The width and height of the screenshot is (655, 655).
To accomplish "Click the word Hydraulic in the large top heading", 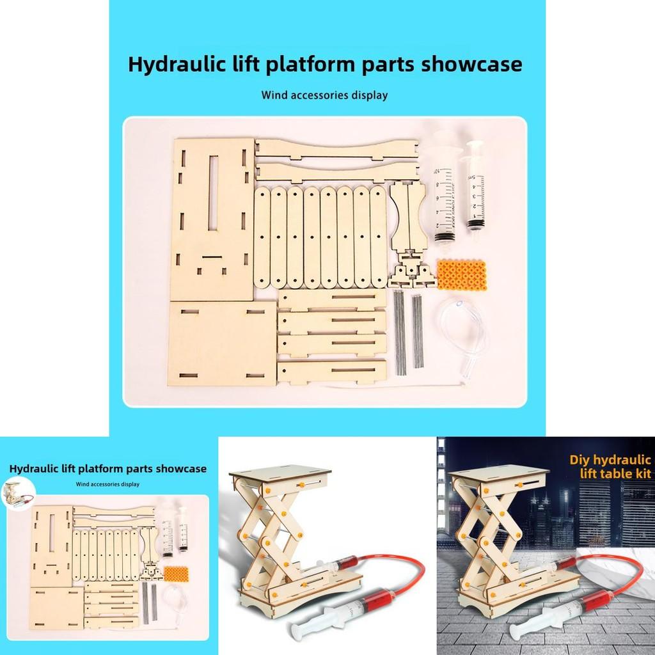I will click(168, 65).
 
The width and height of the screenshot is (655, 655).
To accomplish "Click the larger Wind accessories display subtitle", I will click(324, 96).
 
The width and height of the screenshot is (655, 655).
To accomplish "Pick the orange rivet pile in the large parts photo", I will click(458, 273).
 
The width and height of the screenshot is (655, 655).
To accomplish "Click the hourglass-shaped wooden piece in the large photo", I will click(409, 217).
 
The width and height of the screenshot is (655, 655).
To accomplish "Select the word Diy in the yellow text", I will click(581, 459).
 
